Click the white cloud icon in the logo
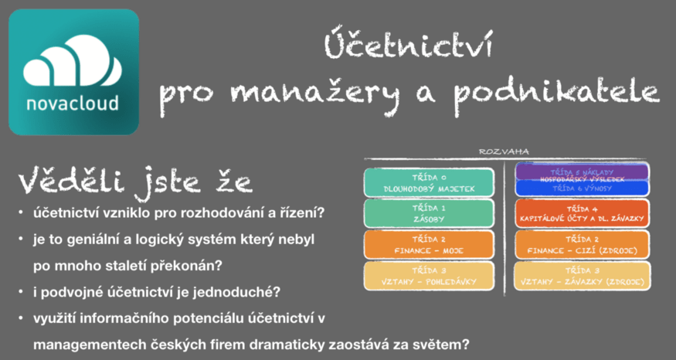tap(73, 64)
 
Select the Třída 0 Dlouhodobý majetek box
tap(428, 182)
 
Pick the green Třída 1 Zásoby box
tap(428, 213)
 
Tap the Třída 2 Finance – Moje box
tap(428, 244)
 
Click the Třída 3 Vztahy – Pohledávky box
tap(428, 276)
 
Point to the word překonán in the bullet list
tap(190, 267)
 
